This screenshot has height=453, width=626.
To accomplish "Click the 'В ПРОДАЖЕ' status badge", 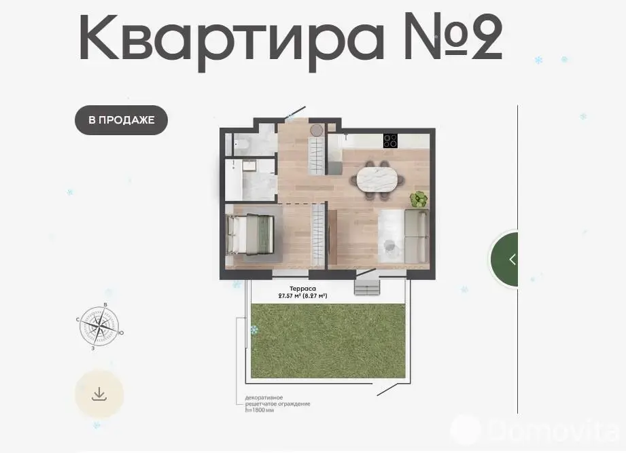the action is click(x=121, y=120).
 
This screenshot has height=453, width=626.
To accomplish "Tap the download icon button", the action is click(x=99, y=394).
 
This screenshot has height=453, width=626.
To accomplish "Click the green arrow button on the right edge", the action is click(x=504, y=259).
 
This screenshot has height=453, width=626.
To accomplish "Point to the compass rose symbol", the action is click(x=99, y=326).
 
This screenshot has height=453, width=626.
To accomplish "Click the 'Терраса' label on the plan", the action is click(x=302, y=289).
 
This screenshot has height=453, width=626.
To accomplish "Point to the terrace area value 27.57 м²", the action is click(x=290, y=296).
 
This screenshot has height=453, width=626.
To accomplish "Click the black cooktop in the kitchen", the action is click(x=390, y=141).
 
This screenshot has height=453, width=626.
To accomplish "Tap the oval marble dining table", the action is click(x=377, y=179).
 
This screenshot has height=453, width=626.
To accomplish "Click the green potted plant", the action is click(x=419, y=199).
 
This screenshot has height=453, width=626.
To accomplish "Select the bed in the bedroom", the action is click(x=250, y=234).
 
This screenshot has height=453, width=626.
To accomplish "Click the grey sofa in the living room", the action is click(x=417, y=236).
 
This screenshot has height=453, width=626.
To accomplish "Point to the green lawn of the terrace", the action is click(x=328, y=341).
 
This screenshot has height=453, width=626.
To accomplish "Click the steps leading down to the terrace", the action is click(x=366, y=287).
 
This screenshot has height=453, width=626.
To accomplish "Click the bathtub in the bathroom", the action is click(x=233, y=180).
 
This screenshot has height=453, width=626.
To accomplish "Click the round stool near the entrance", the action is click(x=317, y=130).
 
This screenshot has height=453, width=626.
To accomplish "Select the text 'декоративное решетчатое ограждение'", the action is click(x=277, y=401).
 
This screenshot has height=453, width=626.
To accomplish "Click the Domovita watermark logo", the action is click(x=535, y=431).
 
